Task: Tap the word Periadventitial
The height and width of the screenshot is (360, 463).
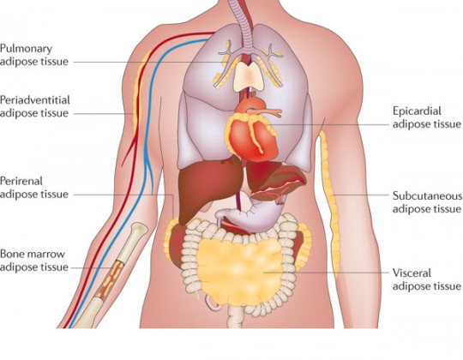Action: point(35,100)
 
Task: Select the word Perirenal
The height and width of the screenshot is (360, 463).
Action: point(21,181)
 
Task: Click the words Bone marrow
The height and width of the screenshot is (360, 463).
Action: point(33,254)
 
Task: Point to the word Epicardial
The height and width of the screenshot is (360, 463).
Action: point(417,111)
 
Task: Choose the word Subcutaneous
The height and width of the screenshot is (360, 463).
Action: point(427,196)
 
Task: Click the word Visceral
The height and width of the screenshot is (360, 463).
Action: point(412,273)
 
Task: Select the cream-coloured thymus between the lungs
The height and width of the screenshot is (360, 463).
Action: point(249,76)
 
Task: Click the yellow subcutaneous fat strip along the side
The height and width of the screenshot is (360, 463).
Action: point(330,204)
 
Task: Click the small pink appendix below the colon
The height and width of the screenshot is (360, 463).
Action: point(213,303)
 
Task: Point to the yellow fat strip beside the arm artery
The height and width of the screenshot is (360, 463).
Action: point(136,98)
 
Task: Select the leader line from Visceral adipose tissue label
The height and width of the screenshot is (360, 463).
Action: point(327,273)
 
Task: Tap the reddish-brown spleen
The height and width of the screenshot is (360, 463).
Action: point(278,183)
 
